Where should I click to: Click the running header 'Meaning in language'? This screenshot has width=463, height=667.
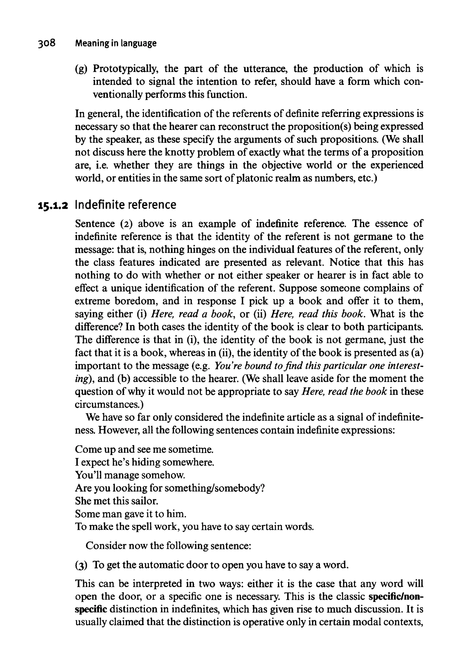[x=116, y=43]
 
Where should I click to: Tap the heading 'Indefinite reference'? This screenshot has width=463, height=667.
[x=125, y=205]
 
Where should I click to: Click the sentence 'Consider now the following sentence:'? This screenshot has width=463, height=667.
[x=168, y=546]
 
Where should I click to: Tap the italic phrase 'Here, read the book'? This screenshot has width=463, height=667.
[x=344, y=391]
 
